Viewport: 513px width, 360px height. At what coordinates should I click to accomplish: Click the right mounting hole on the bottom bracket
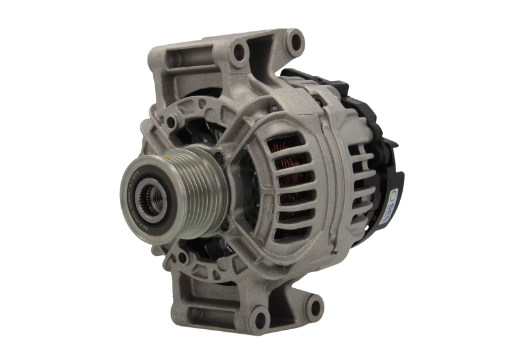[258, 315]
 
